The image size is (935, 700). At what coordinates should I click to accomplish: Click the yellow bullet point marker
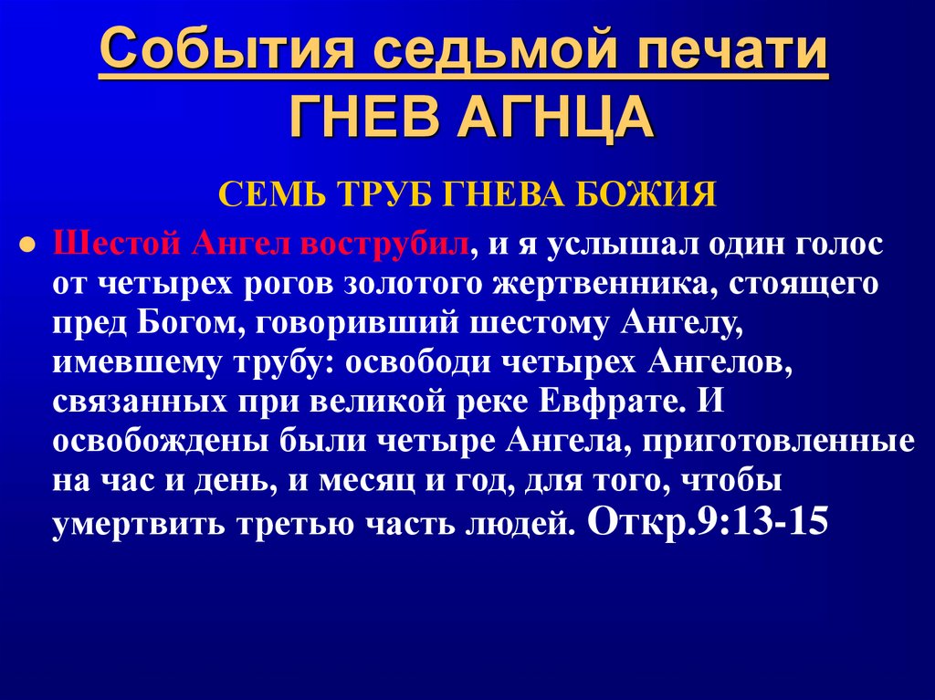[27, 246]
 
